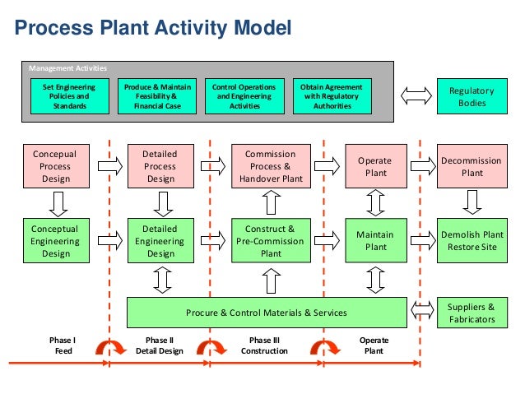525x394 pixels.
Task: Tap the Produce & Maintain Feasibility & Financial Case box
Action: pyautogui.click(x=157, y=96)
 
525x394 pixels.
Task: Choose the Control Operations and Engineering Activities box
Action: pyautogui.click(x=244, y=96)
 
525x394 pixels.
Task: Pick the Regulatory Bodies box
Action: pyautogui.click(x=472, y=96)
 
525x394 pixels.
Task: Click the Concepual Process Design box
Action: pyautogui.click(x=53, y=166)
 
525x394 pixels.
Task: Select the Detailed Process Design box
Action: pyautogui.click(x=160, y=166)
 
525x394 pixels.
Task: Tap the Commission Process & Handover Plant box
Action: pyautogui.click(x=269, y=166)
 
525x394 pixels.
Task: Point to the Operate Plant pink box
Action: pyautogui.click(x=375, y=167)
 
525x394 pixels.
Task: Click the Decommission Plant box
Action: pyautogui.click(x=472, y=167)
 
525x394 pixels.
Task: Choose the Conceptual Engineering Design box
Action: pyautogui.click(x=53, y=241)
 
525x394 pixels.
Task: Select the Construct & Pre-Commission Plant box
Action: pyautogui.click(x=269, y=241)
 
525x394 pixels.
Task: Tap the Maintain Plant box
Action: pyautogui.click(x=375, y=241)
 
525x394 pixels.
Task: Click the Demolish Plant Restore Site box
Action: pyautogui.click(x=472, y=241)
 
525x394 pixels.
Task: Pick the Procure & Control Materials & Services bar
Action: pyautogui.click(x=267, y=313)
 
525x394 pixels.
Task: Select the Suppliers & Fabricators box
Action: pyautogui.click(x=472, y=313)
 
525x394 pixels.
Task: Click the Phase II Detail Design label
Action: pyautogui.click(x=159, y=345)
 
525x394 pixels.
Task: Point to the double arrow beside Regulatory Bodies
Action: pyautogui.click(x=416, y=96)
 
